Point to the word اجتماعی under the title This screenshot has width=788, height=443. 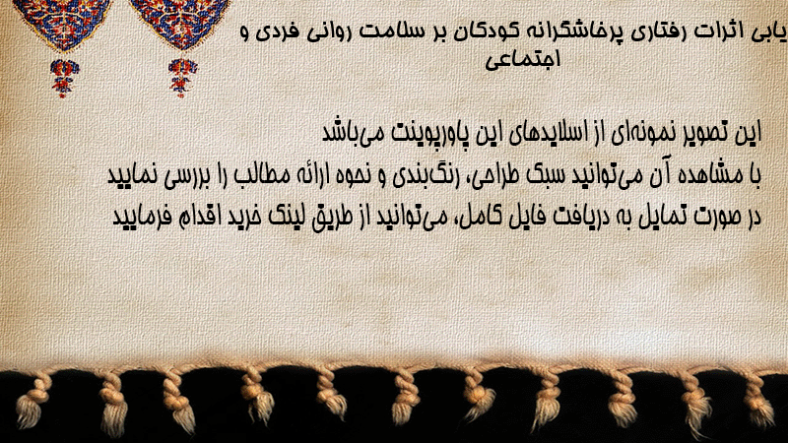click(523, 59)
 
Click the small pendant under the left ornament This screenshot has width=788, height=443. click(64, 78)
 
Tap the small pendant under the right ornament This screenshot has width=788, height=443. click(182, 78)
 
